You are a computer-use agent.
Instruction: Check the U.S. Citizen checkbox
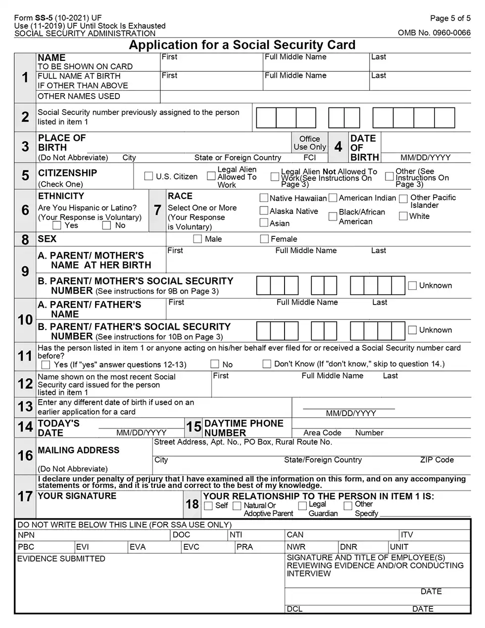click(148, 176)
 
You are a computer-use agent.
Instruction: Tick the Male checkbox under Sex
click(197, 239)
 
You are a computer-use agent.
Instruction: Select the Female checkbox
click(264, 239)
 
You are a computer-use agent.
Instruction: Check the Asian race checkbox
click(264, 223)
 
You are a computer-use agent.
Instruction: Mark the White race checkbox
click(403, 216)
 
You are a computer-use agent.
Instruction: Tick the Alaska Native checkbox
click(264, 210)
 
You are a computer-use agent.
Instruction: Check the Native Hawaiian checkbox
click(264, 198)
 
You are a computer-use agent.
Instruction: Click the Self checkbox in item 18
click(208, 506)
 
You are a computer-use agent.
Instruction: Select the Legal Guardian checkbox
click(302, 506)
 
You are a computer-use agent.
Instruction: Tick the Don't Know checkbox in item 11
click(267, 364)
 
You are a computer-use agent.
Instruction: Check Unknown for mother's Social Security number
click(412, 286)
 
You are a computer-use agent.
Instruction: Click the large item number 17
click(25, 496)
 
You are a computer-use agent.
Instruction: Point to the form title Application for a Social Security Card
click(242, 45)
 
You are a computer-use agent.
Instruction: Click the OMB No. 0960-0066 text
click(434, 33)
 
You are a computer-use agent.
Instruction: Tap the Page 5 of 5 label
click(450, 18)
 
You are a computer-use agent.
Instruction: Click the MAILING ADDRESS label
click(78, 450)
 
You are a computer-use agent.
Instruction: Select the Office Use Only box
click(310, 143)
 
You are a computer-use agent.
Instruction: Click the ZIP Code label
click(436, 460)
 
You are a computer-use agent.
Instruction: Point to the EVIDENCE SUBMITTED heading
click(61, 559)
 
